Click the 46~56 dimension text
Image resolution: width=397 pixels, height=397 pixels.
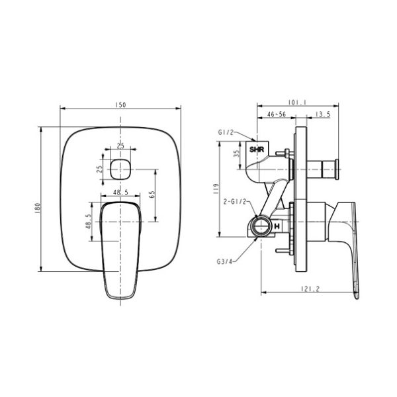coord(277,114)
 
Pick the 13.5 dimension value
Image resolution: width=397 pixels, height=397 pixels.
coord(323,114)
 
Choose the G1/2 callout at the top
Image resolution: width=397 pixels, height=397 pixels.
coord(227,132)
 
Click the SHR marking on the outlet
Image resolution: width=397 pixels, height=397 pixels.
coord(257,150)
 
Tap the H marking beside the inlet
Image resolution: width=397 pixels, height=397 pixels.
coord(277,227)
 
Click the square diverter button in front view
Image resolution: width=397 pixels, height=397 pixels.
coord(120,169)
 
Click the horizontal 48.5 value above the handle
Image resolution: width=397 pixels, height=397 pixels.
coord(120,192)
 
